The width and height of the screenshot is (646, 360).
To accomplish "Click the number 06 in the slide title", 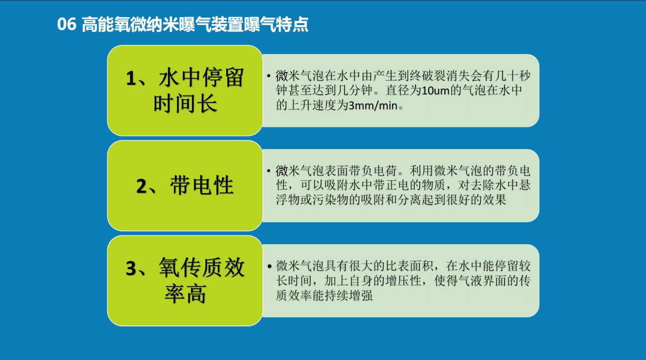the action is [67, 24].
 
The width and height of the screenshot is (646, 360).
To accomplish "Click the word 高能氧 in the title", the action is [106, 24].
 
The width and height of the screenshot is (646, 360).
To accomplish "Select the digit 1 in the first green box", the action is [131, 78].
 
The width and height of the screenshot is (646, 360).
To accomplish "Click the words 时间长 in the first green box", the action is [185, 103].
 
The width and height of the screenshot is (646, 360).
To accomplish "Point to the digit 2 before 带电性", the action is [141, 186].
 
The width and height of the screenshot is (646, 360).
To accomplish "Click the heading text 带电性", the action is [202, 185].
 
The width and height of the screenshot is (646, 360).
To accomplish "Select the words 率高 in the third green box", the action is [185, 293].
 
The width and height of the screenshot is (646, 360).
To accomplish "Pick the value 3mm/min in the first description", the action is [373, 106].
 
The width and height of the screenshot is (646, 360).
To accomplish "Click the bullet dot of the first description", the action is [269, 76].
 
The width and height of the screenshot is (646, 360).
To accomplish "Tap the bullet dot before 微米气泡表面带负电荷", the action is [269, 171].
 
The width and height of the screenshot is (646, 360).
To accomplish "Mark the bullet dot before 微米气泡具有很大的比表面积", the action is [269, 266].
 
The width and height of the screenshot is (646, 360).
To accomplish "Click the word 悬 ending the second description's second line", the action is [525, 185].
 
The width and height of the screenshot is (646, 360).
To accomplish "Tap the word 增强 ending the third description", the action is [361, 295].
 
